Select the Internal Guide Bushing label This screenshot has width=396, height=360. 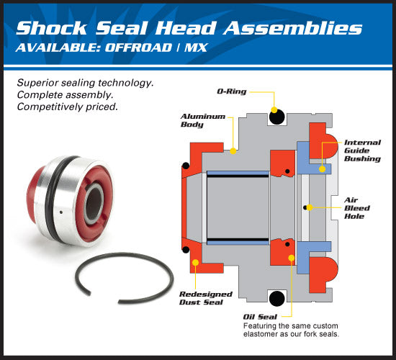[362, 150]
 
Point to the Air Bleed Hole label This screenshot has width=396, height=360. [357, 207]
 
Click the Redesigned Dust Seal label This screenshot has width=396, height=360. [205, 298]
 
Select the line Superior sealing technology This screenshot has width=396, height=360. [85, 82]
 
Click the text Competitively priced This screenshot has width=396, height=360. [66, 106]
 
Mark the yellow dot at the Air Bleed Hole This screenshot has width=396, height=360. [305, 207]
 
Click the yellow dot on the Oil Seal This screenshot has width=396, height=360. [291, 257]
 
